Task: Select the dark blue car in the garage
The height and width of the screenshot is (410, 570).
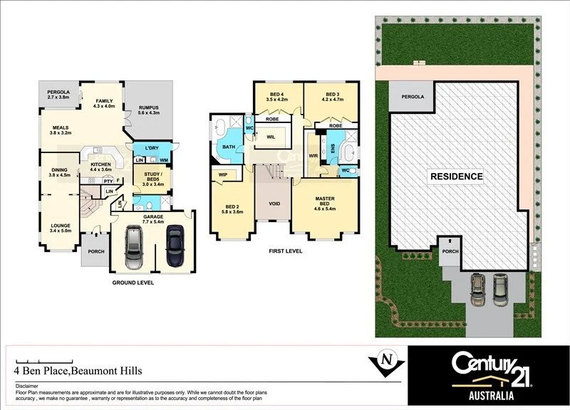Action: point(175,247)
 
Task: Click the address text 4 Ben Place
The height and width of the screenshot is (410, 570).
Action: point(78,371)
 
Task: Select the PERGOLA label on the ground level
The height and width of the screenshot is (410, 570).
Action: point(58,93)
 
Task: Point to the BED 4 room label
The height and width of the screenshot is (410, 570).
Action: point(277,95)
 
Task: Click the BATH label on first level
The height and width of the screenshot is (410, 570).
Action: point(228,147)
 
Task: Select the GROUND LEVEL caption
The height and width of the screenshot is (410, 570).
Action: point(133,283)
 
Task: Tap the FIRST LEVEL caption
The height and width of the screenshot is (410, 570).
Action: point(285,251)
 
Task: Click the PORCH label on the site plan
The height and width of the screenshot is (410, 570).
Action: point(450,251)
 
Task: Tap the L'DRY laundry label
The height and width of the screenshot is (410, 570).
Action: point(150,148)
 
